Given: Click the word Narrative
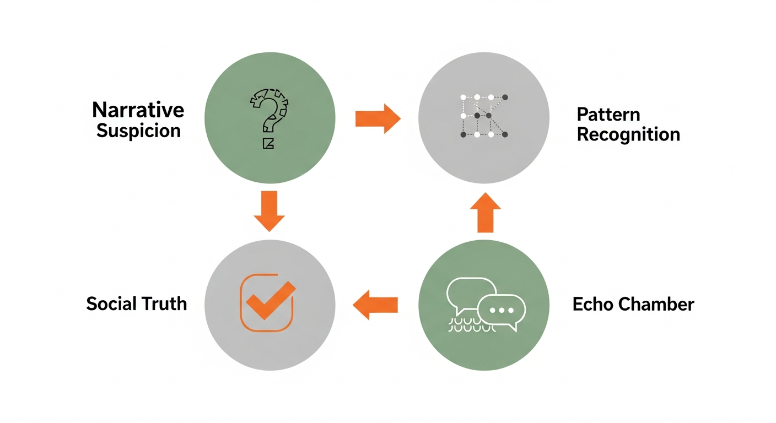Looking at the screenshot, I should pos(138,110).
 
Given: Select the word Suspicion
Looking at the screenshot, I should pos(138,131).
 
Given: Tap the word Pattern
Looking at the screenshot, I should pos(608,115).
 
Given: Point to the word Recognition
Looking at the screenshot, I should pos(628,134).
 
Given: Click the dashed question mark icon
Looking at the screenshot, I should pos(270,113).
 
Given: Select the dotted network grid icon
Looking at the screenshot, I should pos(483,116).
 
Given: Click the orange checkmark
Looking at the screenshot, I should pos(270,300).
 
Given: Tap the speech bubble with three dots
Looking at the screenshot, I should pos(501,311).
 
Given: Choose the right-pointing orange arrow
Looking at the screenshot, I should pos(378,118).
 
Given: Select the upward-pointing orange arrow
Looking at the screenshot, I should pos(485,211).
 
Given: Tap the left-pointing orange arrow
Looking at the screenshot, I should pos(375,305).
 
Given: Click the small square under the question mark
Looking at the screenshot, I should pos(268,144).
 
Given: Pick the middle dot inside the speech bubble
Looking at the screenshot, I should pos(501,310).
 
